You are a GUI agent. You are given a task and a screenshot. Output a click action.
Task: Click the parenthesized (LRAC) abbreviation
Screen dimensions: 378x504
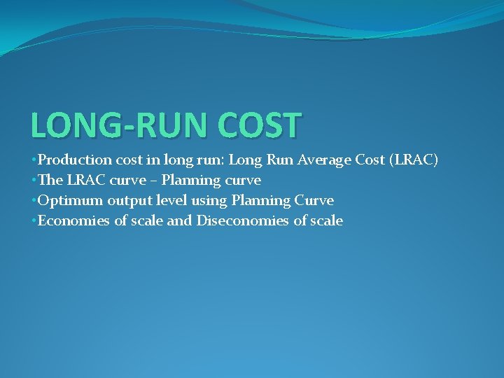point(414,160)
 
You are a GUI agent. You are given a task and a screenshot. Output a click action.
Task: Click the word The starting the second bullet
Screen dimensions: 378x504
point(50,181)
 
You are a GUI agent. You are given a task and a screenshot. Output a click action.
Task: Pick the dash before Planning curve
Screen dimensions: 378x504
point(154,181)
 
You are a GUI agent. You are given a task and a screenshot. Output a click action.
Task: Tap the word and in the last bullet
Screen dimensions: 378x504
point(181,221)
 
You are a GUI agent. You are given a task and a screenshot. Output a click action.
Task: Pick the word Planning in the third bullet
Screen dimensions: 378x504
point(258,201)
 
